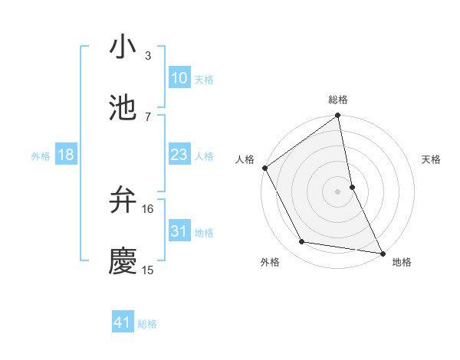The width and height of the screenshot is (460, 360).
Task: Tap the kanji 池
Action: pyautogui.click(x=123, y=108)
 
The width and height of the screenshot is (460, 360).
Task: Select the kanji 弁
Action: pyautogui.click(x=123, y=200)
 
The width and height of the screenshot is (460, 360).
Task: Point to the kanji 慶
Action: pyautogui.click(x=123, y=261)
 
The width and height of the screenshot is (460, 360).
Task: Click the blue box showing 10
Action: pyautogui.click(x=179, y=78)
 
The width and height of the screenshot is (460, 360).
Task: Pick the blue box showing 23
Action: pyautogui.click(x=179, y=155)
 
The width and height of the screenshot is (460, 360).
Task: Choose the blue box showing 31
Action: pyautogui.click(x=179, y=231)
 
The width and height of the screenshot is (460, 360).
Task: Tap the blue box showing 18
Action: pyautogui.click(x=66, y=155)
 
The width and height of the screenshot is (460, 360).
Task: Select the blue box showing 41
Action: pyautogui.click(x=123, y=322)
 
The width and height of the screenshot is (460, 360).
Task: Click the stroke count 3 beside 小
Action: pyautogui.click(x=147, y=56)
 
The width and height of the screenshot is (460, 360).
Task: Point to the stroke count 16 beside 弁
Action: pyautogui.click(x=148, y=208)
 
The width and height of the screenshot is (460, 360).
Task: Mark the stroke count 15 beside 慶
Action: pyautogui.click(x=148, y=270)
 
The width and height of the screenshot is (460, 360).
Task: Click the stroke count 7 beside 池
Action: pyautogui.click(x=147, y=116)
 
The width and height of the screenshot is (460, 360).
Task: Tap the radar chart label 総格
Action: pyautogui.click(x=338, y=100)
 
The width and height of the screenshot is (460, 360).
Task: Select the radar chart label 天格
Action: pyautogui.click(x=432, y=159)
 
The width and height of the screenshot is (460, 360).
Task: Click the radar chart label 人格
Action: pyautogui.click(x=245, y=159)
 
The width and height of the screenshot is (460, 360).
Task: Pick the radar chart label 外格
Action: pyautogui.click(x=270, y=262)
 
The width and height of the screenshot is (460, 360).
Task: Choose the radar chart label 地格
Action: pyautogui.click(x=402, y=262)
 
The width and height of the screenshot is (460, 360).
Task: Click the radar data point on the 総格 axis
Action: pyautogui.click(x=338, y=116)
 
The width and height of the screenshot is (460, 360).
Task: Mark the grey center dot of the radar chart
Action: pyautogui.click(x=338, y=191)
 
